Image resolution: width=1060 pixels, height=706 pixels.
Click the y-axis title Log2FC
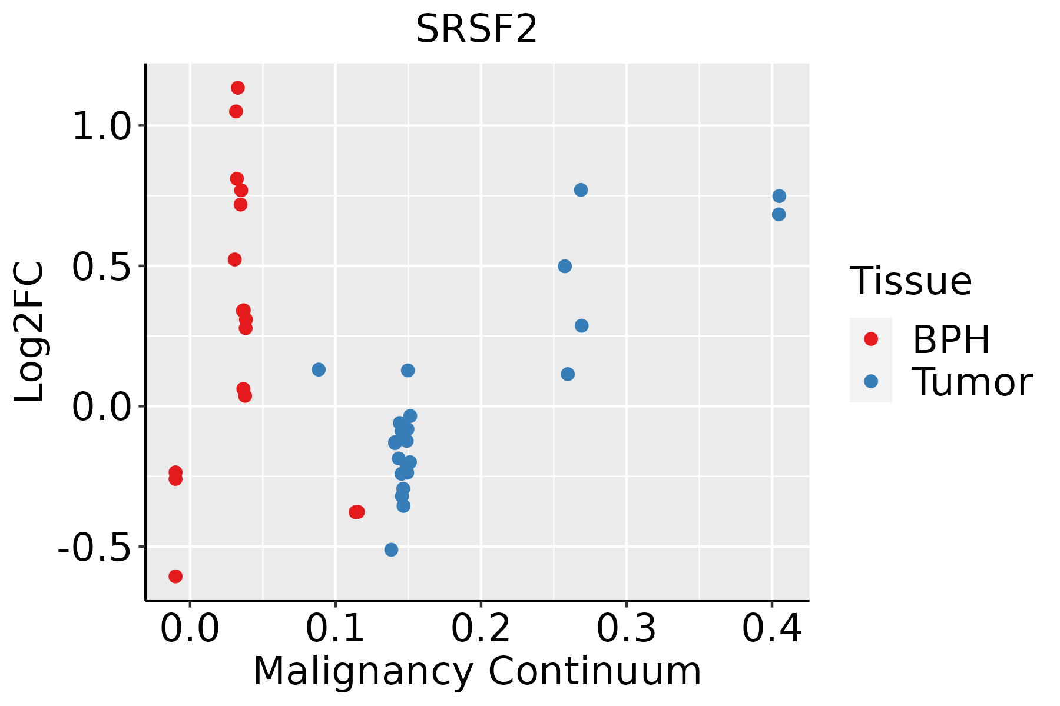pos(29,332)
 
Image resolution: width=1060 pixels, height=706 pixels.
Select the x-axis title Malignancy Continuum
pos(477,671)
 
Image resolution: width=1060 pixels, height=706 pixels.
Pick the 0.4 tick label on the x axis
pos(771,629)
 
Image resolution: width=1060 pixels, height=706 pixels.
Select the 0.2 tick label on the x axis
pos(481,629)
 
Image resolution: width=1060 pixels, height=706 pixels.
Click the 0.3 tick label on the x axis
pos(626,629)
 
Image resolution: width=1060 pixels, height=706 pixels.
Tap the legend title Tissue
pos(910,281)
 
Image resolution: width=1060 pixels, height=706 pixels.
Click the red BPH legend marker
pos(870,339)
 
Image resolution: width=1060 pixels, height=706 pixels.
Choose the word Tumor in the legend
pos(972,382)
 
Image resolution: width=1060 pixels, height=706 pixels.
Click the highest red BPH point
pos(238,88)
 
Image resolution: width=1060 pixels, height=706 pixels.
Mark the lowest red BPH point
pos(175,576)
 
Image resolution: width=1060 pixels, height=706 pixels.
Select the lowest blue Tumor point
pos(391,550)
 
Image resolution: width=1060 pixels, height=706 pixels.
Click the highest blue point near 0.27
pos(581,190)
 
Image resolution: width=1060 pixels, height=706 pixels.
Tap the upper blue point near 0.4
pos(779,196)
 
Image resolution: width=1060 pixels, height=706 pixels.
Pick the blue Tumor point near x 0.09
pos(319,369)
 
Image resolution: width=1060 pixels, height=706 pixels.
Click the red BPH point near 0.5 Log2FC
pos(235,259)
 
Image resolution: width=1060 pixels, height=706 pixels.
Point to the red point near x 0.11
pos(356,512)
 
